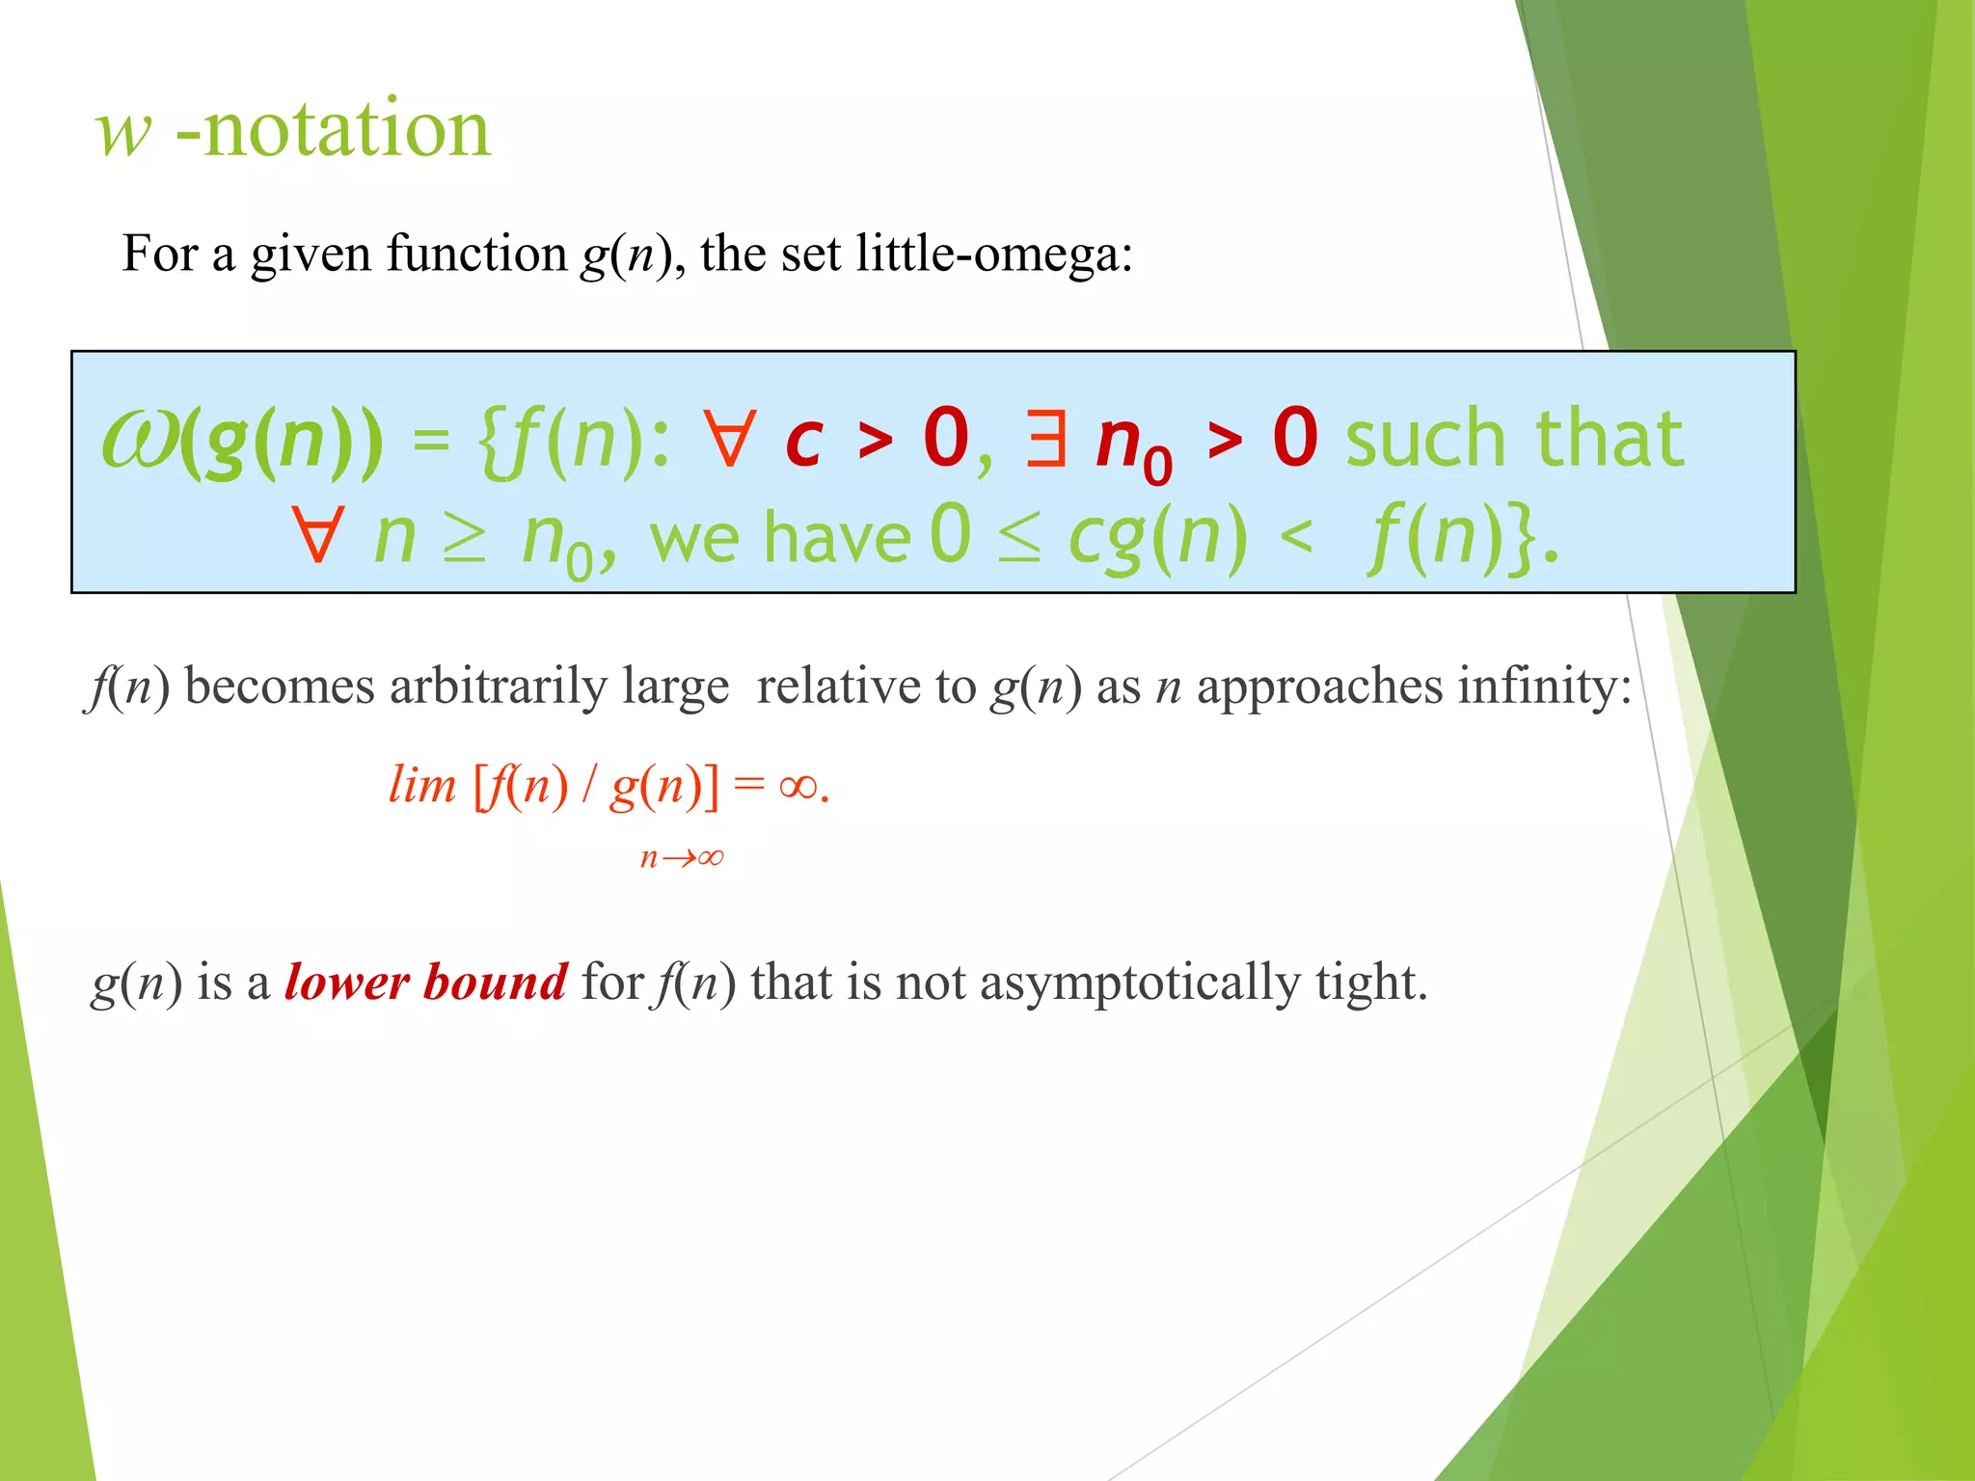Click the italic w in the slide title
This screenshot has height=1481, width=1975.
(x=123, y=132)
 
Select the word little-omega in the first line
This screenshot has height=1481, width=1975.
(x=993, y=254)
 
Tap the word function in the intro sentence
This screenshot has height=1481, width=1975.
(x=476, y=254)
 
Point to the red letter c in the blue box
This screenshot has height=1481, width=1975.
(x=803, y=442)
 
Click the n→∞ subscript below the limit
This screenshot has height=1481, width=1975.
(x=682, y=857)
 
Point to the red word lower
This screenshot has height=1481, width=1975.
(x=347, y=983)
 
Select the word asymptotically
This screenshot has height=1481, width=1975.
(x=1140, y=984)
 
